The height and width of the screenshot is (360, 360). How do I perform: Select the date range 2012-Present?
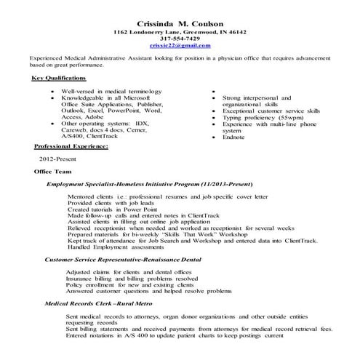tap(55, 158)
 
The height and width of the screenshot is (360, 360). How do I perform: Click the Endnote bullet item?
tap(233, 135)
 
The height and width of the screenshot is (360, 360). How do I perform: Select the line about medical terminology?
tap(103, 91)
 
